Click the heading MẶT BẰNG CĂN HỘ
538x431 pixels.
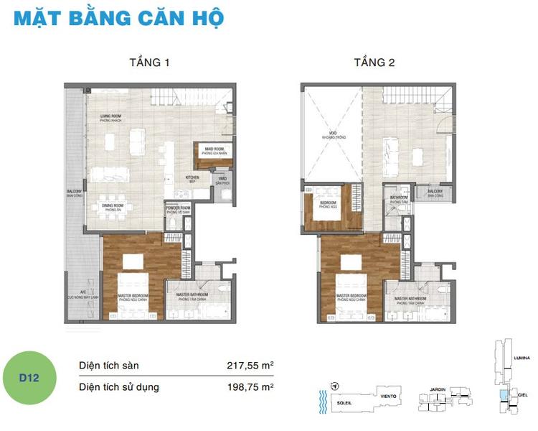[x=119, y=17]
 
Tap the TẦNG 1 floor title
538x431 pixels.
[x=150, y=62]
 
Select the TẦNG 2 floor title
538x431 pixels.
[x=374, y=62]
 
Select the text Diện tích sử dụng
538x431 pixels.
[x=119, y=388]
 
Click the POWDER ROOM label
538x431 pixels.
[x=178, y=210]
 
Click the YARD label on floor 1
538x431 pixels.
[x=222, y=180]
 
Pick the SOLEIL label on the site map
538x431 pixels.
[x=344, y=404]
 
